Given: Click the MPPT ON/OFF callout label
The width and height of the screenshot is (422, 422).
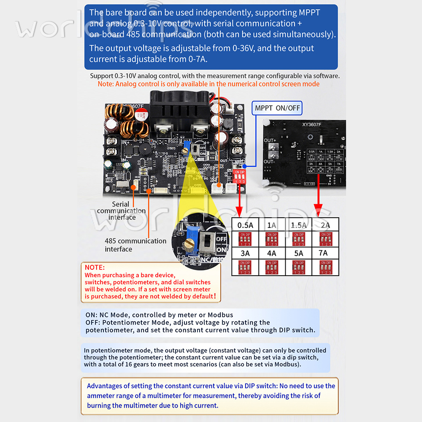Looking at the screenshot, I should click(x=277, y=108).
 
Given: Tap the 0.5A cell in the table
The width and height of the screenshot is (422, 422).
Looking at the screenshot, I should click(x=245, y=225).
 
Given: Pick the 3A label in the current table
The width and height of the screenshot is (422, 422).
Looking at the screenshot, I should click(x=245, y=253).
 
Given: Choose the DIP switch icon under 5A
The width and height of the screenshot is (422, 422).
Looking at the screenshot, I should click(x=298, y=267).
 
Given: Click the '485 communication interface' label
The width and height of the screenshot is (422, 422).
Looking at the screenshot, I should click(x=135, y=245).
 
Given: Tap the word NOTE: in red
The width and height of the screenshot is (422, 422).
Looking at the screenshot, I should click(x=95, y=267).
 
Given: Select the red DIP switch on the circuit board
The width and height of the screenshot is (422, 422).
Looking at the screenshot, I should click(x=239, y=176).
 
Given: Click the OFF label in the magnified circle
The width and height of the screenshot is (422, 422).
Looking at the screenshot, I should click(x=221, y=239).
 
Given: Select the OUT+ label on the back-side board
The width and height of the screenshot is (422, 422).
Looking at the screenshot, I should click(x=270, y=140).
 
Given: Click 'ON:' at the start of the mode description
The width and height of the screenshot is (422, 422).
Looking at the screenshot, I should click(x=90, y=315).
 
